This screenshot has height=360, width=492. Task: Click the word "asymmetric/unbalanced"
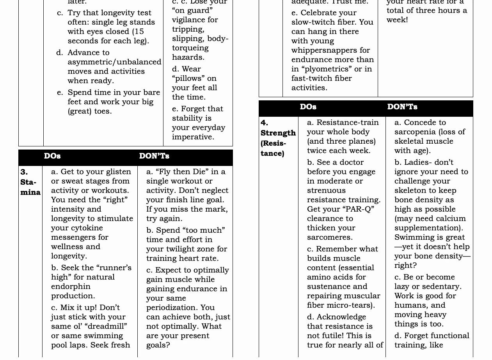point(114,62)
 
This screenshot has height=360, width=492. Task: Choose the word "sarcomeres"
point(330,237)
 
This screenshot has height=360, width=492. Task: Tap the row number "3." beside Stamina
point(24,172)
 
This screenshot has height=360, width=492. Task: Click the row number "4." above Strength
point(265,123)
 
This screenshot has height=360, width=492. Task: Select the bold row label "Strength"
point(278,133)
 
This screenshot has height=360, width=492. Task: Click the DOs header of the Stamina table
point(52,156)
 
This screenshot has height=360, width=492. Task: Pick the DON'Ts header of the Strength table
point(402,107)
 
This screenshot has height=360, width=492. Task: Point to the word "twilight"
point(186,249)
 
